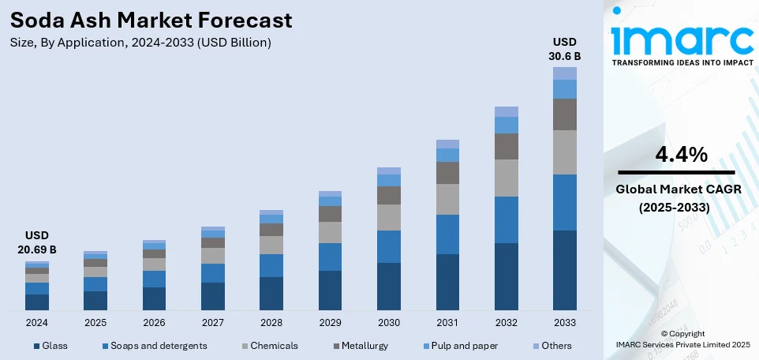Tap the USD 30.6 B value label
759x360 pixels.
click(x=565, y=48)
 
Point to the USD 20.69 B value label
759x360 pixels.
click(x=36, y=242)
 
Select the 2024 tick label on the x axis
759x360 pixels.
click(x=36, y=323)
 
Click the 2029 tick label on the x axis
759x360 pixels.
click(x=330, y=323)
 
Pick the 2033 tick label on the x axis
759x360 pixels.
click(x=565, y=323)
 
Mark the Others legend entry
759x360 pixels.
click(x=551, y=346)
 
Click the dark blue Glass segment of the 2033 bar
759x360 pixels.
click(x=565, y=270)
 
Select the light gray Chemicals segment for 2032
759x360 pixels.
click(x=506, y=178)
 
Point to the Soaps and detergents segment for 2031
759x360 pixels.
click(x=447, y=234)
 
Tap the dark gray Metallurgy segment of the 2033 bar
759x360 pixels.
click(x=565, y=114)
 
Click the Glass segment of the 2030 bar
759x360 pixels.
click(x=389, y=286)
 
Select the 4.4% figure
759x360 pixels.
click(x=681, y=155)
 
